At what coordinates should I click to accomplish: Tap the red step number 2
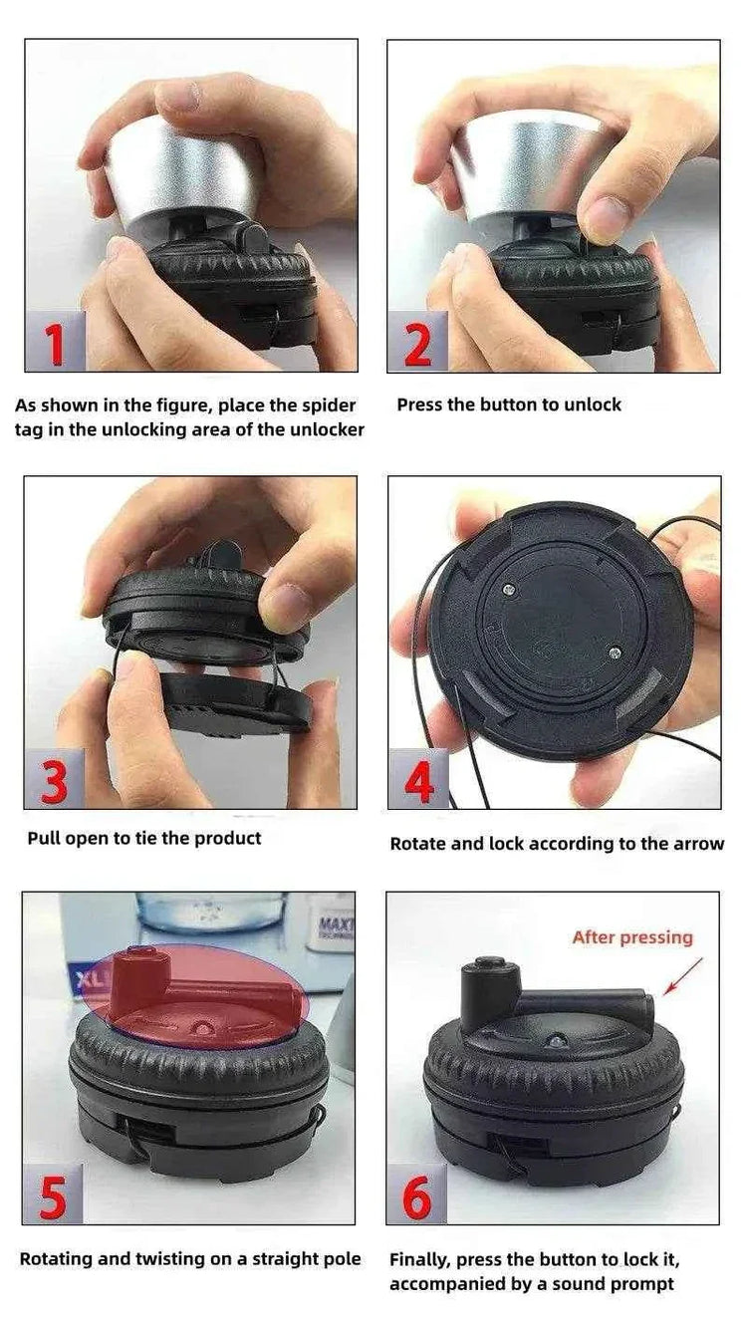click(418, 344)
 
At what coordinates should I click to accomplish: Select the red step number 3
click(55, 780)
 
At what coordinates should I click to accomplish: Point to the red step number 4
click(419, 780)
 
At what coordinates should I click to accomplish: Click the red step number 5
click(53, 1196)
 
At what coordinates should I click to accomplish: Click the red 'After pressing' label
click(631, 937)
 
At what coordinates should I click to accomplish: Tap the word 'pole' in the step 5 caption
click(340, 1259)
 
